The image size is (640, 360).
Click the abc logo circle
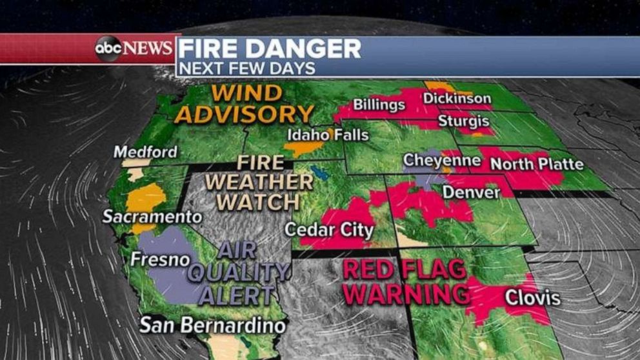tap(108, 49)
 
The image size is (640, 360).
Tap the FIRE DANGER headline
tap(269, 49)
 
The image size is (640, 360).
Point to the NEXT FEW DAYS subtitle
tap(246, 68)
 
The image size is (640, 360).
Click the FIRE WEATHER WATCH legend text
tap(258, 182)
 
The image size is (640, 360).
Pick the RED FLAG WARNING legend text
tap(406, 281)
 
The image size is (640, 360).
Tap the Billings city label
tap(379, 105)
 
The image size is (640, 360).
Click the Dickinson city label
tap(457, 99)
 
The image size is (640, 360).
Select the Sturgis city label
tap(463, 121)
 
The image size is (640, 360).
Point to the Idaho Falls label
tap(328, 135)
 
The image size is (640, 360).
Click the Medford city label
tap(145, 152)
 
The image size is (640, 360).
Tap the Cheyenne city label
tap(442, 160)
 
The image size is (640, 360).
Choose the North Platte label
tap(537, 163)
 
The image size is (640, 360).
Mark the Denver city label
tap(471, 192)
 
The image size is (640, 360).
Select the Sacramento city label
tap(152, 216)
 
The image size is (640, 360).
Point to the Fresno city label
tap(160, 259)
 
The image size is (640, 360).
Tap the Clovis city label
tap(532, 298)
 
